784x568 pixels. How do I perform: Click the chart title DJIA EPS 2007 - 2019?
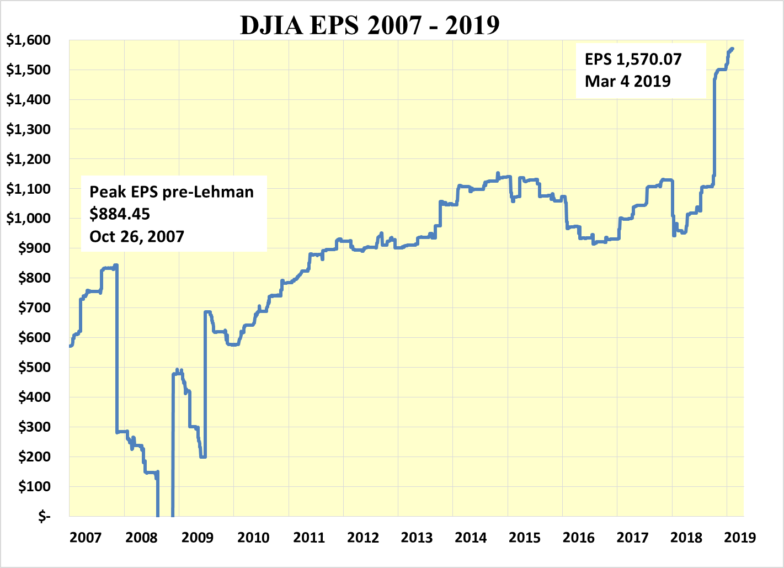coord(370,25)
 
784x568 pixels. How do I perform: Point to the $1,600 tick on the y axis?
coord(28,40)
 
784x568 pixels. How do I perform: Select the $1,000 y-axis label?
coord(28,219)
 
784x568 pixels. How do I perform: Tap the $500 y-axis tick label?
coord(35,368)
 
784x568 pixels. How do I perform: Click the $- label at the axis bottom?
coord(44,517)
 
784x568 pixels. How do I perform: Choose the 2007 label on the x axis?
coord(86,537)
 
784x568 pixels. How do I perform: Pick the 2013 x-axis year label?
coord(417,537)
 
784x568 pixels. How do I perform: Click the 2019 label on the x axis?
coord(739,537)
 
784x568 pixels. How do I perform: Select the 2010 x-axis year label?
coord(253,537)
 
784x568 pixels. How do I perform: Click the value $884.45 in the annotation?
coord(120,214)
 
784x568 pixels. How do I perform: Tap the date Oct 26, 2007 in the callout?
coord(137,237)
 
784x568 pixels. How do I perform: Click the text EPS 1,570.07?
coord(633,59)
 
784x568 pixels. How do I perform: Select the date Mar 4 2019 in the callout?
coord(628,82)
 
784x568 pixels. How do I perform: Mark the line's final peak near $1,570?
coord(732,49)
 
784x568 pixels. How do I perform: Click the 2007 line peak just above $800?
coord(116,266)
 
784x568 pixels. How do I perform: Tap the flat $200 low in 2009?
coord(203,456)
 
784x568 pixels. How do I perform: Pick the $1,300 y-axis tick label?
coord(28,130)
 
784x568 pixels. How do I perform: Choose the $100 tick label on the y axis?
coord(35,487)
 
